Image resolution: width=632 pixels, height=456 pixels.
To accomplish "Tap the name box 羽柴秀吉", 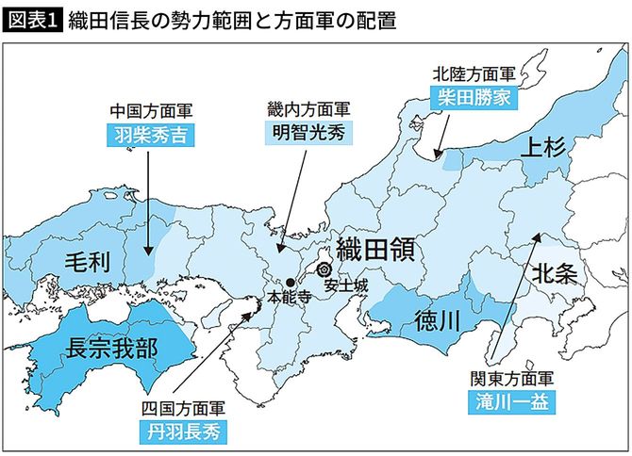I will pyautogui.click(x=149, y=136).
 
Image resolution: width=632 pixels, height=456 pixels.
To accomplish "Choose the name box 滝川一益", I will pyautogui.click(x=511, y=400).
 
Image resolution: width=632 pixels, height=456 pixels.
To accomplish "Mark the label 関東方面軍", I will pyautogui.click(x=511, y=378).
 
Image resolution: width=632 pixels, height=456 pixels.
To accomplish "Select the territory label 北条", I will pyautogui.click(x=560, y=274).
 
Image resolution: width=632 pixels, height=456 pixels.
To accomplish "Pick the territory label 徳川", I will pyautogui.click(x=438, y=321).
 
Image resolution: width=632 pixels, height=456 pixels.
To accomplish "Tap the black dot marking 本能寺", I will pyautogui.click(x=290, y=283).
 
